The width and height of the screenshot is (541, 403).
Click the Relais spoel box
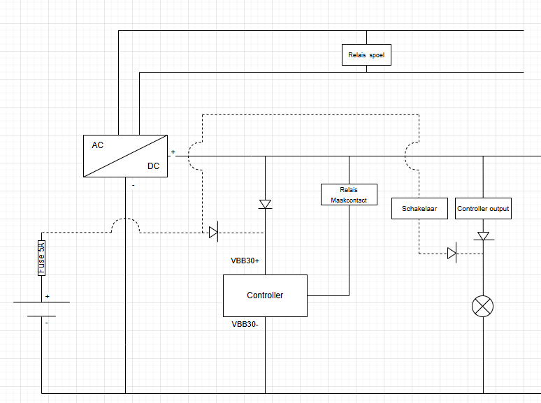(366, 54)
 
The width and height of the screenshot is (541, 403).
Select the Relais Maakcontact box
(349, 194)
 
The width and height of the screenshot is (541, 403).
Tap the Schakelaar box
(419, 209)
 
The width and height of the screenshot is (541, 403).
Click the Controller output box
(483, 209)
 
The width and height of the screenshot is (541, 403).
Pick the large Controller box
(265, 295)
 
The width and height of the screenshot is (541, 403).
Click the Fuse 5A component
(41, 258)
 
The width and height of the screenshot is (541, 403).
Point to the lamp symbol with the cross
(483, 306)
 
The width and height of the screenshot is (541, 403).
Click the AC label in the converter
(98, 145)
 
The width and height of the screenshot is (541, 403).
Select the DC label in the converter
(154, 166)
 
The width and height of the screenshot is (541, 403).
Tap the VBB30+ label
(245, 261)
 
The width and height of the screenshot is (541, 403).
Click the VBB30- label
(245, 324)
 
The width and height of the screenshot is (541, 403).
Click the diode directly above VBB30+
(265, 204)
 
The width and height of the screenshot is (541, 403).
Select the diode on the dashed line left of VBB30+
(214, 233)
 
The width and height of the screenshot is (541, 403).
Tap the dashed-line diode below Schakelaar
(452, 254)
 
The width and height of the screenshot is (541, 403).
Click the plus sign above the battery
(48, 296)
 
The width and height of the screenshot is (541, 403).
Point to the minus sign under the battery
(47, 323)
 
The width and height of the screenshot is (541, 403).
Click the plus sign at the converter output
(173, 152)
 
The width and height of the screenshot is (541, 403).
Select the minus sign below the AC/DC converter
(134, 186)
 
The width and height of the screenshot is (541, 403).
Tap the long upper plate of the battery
(41, 302)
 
